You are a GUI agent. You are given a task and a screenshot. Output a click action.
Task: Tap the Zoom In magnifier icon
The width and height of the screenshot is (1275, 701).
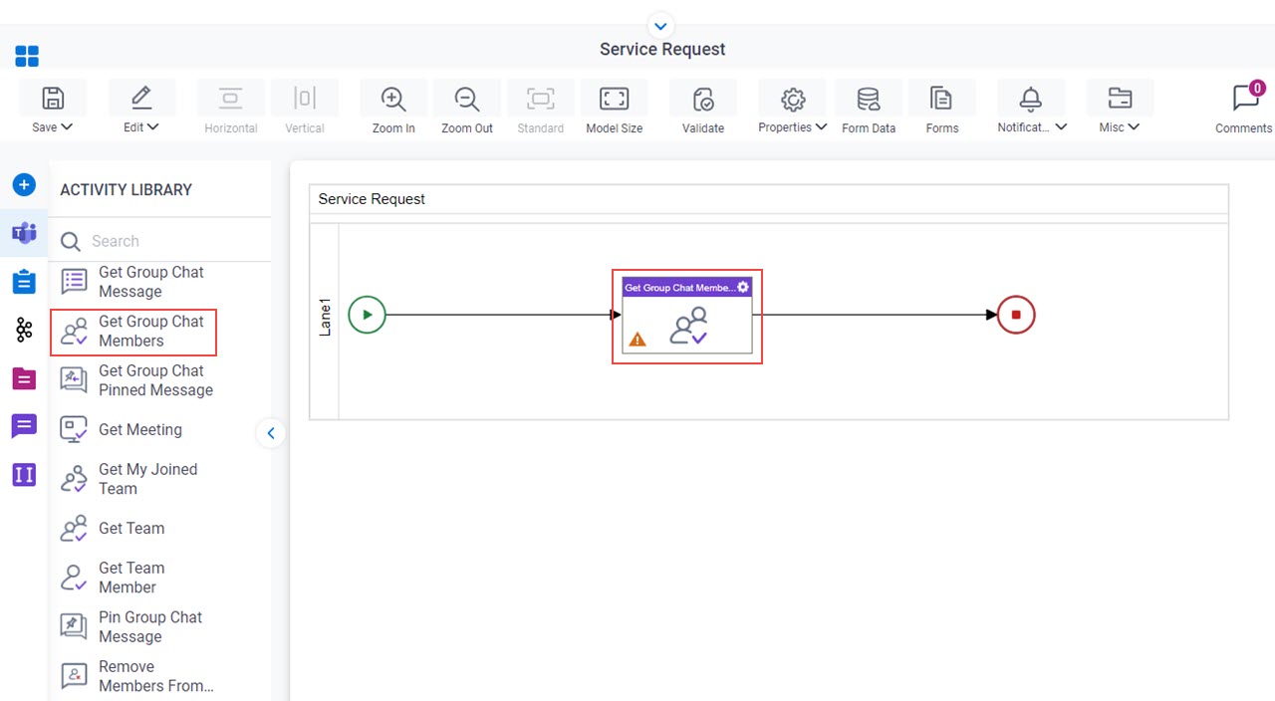coord(392,99)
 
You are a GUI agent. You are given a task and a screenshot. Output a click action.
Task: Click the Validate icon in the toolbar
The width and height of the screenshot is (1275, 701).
coord(703,99)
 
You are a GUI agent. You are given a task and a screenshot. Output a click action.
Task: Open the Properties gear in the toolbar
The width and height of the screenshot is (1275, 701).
coord(792,99)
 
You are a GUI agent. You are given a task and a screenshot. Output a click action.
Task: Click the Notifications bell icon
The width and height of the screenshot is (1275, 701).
coord(1030,99)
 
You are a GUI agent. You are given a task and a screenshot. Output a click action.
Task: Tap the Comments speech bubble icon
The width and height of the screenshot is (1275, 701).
coord(1246,98)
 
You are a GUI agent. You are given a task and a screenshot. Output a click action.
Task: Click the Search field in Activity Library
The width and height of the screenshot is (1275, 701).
coord(165,241)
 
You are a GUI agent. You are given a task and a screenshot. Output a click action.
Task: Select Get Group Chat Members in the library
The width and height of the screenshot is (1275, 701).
coord(133,332)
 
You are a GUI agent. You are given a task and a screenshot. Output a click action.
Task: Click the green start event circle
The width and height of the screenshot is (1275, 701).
coord(368,315)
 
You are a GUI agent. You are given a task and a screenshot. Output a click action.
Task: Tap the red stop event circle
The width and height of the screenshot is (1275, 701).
coord(1016,315)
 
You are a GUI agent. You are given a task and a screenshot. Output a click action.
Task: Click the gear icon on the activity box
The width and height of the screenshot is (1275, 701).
coord(743,287)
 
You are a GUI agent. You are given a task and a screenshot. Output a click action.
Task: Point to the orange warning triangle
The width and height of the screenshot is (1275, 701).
coord(637,340)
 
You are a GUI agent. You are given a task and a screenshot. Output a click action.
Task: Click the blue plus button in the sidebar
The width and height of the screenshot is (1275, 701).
coord(24,185)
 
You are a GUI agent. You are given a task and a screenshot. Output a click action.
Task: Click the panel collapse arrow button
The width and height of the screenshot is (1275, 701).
coord(271,433)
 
